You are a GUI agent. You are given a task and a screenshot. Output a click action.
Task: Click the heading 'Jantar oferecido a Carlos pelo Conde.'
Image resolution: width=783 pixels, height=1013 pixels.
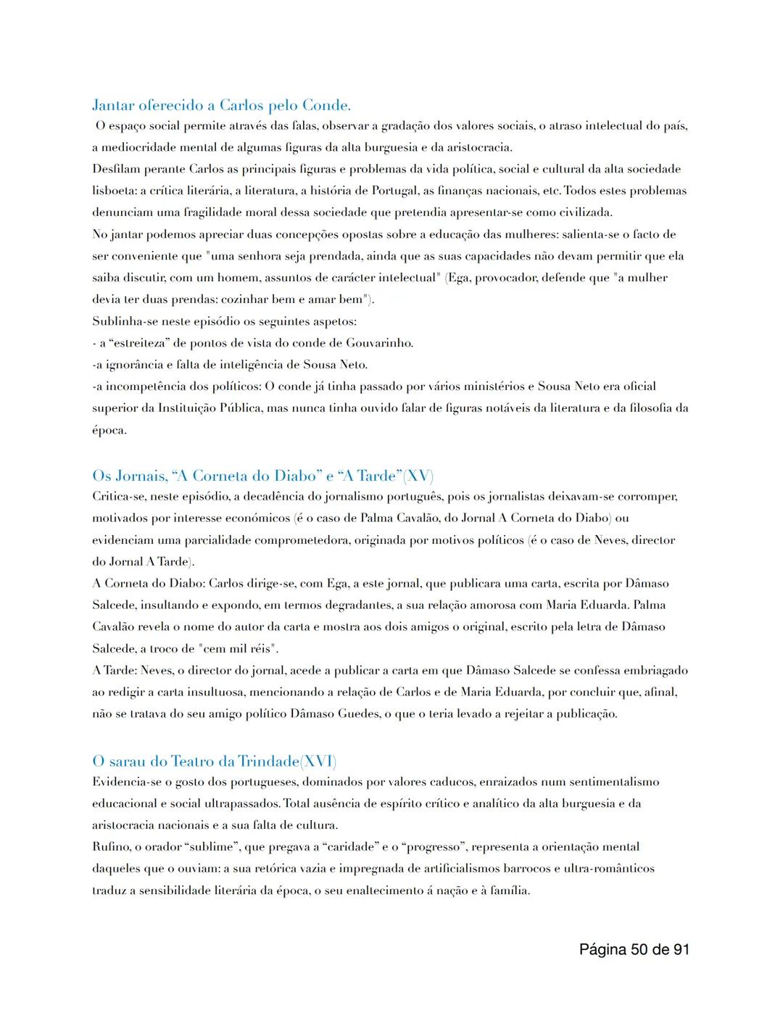221,106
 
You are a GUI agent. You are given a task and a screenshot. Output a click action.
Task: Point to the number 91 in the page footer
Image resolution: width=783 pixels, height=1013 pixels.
679,949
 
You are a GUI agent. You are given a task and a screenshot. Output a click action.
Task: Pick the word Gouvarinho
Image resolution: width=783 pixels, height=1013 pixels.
379,343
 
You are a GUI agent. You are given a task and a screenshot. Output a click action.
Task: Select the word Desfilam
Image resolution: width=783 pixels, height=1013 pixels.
116,170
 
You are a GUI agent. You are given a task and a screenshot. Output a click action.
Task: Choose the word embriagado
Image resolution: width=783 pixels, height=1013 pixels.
655,671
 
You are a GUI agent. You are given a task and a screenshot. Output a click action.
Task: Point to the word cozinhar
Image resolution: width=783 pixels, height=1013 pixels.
235,299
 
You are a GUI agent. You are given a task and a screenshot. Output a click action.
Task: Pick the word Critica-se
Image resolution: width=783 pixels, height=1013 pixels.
118,497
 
